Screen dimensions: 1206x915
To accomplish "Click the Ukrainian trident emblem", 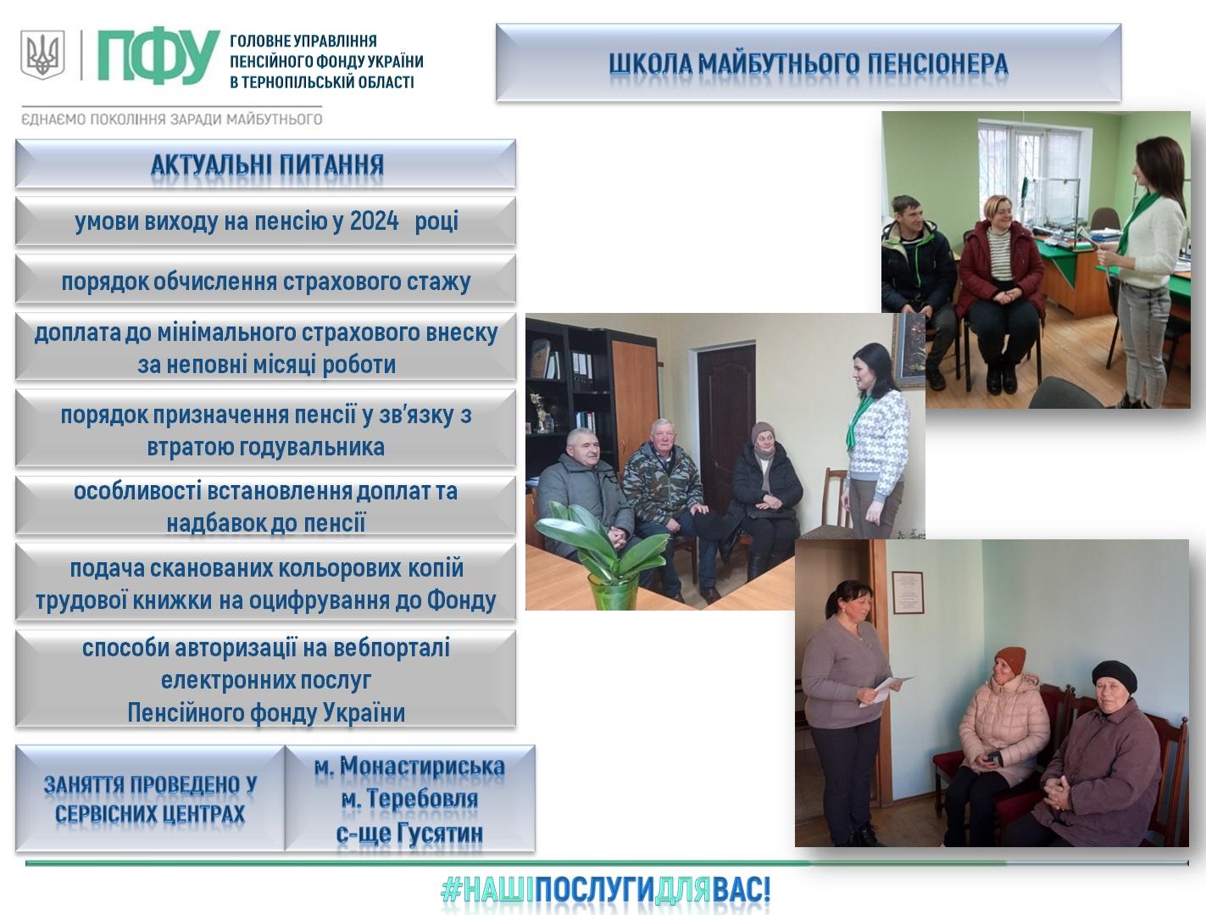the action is [42, 54].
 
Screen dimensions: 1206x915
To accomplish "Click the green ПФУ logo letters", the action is [158, 56].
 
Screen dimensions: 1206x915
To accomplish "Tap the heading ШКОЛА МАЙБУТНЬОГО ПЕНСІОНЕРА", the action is [809, 64].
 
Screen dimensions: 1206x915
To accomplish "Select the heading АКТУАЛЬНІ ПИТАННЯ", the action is [267, 165].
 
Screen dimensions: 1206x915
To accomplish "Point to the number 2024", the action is [374, 221].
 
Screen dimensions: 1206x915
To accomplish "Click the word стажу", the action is [438, 282].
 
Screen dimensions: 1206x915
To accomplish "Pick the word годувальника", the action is [265, 447].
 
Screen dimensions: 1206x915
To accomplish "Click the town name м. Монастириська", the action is [409, 766].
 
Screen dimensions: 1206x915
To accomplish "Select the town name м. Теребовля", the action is [409, 799].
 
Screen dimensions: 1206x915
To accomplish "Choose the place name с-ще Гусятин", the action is [409, 833].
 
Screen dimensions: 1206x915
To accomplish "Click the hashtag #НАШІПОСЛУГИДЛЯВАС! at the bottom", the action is [605, 890].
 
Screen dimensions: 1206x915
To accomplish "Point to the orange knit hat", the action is [1010, 660].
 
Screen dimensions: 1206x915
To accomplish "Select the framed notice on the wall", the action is [907, 593].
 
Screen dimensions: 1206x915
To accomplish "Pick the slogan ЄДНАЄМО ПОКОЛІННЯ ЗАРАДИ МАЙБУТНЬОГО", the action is [172, 119].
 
